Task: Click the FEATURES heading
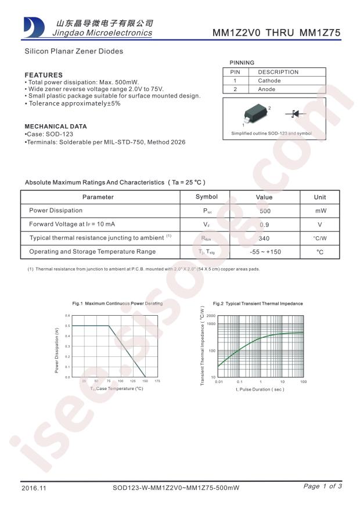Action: (44, 75)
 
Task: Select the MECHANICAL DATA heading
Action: (56, 126)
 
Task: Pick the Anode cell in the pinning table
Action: (267, 89)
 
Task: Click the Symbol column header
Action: (207, 197)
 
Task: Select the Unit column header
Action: (320, 197)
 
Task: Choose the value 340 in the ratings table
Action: (264, 238)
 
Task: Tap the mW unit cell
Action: (320, 211)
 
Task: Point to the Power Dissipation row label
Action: (56, 211)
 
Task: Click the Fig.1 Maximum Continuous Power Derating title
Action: (117, 304)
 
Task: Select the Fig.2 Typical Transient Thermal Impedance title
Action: (258, 304)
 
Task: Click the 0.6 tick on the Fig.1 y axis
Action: (67, 316)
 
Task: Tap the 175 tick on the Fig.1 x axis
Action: (157, 381)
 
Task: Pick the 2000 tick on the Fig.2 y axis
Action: (211, 316)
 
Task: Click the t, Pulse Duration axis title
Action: (260, 389)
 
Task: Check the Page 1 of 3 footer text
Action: (323, 486)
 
